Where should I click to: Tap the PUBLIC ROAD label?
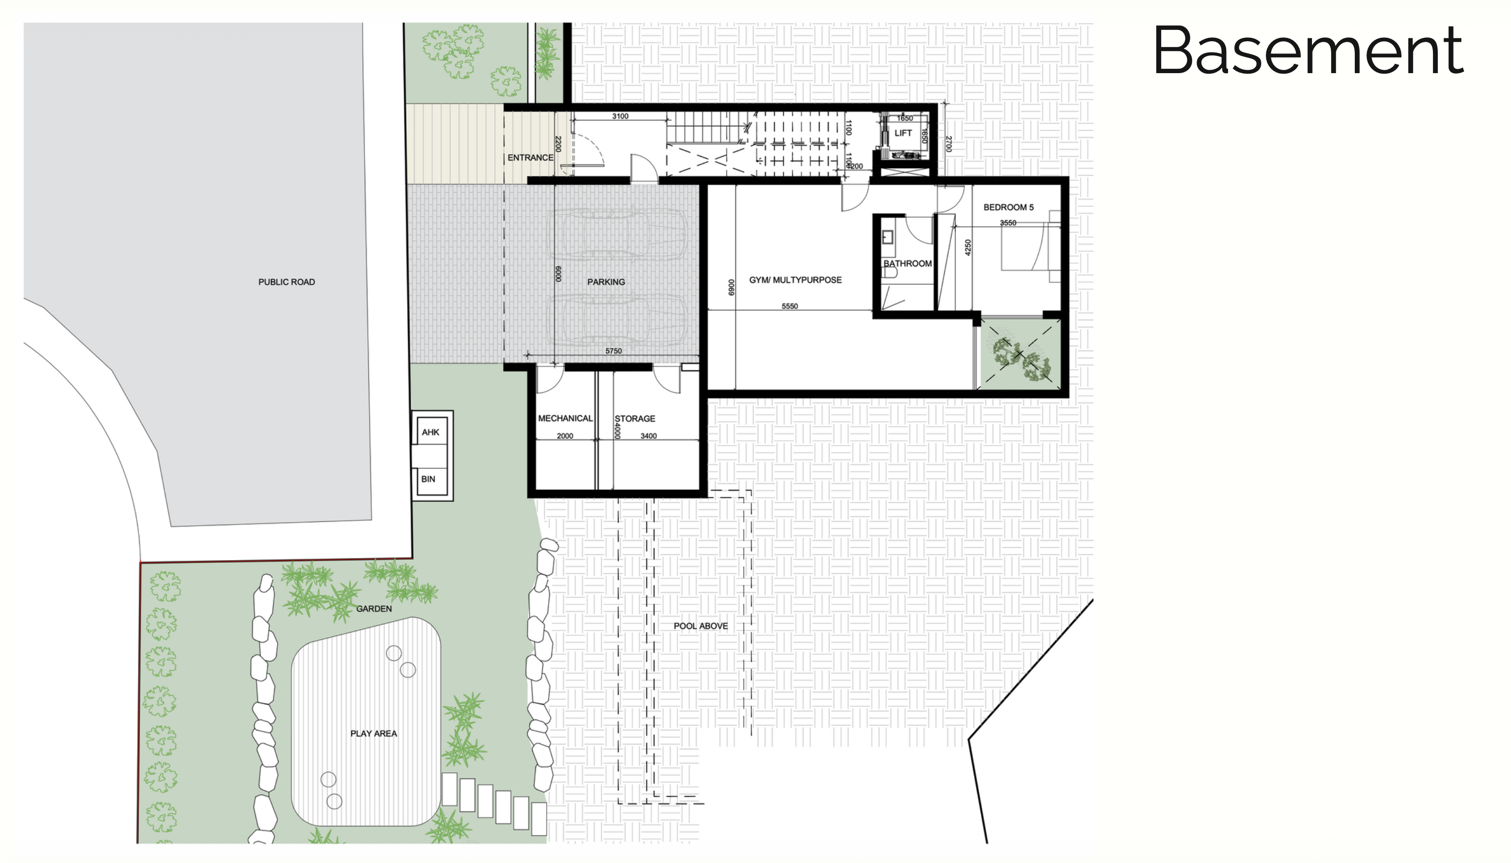[x=286, y=282]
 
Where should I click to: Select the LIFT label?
[x=903, y=133]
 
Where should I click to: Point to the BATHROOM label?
[x=907, y=264]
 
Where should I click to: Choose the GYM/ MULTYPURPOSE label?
[x=795, y=280]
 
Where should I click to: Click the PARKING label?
[x=606, y=282]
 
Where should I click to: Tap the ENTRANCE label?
[x=530, y=158]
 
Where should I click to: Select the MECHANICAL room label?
[x=565, y=418]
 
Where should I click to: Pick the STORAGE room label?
[x=635, y=418]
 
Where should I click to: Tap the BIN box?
[x=428, y=479]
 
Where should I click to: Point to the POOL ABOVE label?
[x=700, y=626]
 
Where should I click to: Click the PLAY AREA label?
[x=374, y=734]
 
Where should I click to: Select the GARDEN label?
[x=374, y=609]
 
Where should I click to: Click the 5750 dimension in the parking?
[x=613, y=351]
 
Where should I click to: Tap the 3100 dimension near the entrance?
[x=620, y=116]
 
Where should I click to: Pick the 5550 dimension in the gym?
[x=790, y=306]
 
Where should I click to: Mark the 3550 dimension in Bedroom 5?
[x=1008, y=223]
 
